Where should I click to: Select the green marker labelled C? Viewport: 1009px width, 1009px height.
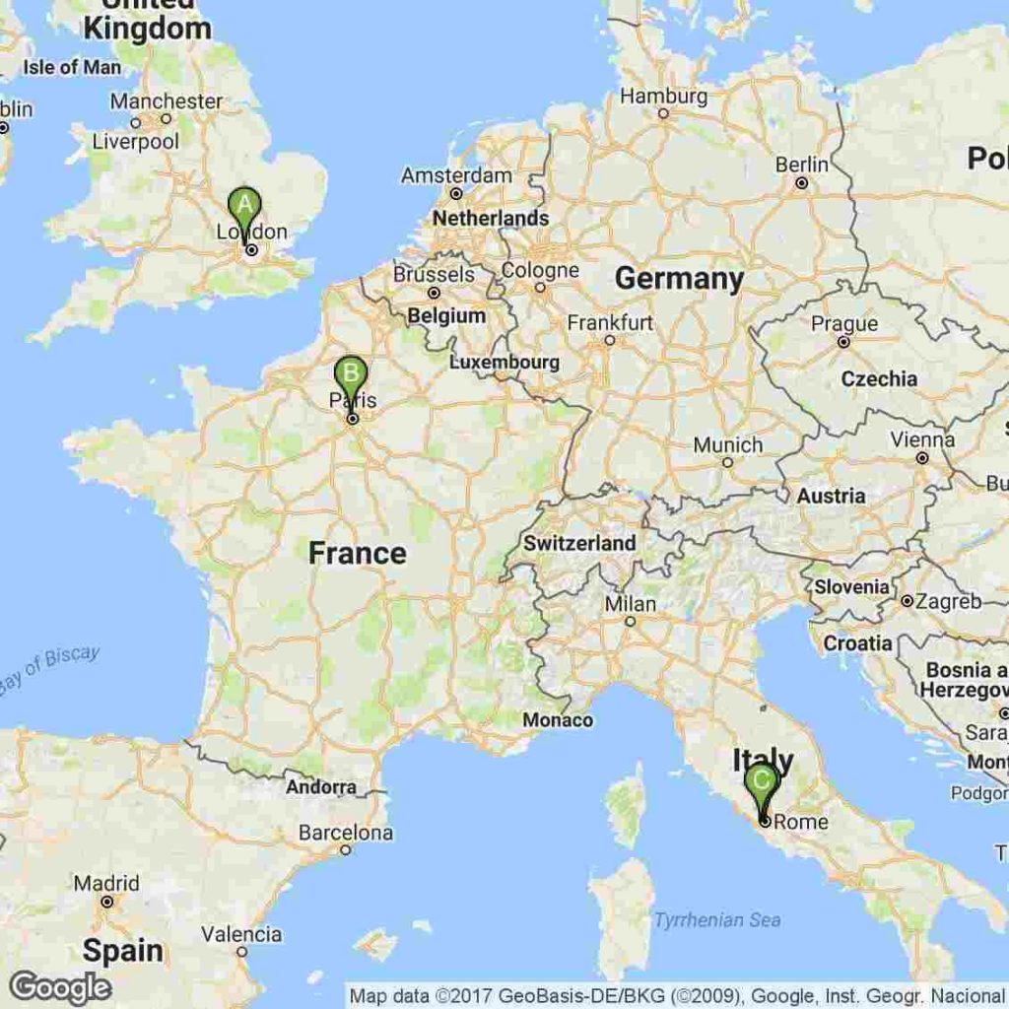point(762,781)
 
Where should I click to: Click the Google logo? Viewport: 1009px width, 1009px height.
point(60,986)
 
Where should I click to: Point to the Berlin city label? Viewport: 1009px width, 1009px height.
point(802,165)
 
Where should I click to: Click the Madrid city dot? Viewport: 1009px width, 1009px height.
point(107,902)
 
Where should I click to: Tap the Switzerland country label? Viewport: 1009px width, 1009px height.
point(579,543)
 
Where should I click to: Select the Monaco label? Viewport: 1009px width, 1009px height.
point(558,720)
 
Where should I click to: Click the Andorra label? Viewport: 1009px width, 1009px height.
point(321,787)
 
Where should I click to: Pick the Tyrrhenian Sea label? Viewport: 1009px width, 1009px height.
point(717,920)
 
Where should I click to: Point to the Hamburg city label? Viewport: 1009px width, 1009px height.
point(663,97)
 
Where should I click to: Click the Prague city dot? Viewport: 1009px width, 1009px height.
point(843,342)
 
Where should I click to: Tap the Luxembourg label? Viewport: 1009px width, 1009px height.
point(504,363)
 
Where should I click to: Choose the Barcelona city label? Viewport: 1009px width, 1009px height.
point(346,833)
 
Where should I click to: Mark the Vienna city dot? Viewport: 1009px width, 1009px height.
point(922,458)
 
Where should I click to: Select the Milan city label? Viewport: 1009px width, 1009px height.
point(631,604)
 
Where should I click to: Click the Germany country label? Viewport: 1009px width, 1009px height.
point(680,279)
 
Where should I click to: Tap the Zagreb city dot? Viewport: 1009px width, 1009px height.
point(906,601)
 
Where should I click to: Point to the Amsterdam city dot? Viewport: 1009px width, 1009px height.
point(456,195)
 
